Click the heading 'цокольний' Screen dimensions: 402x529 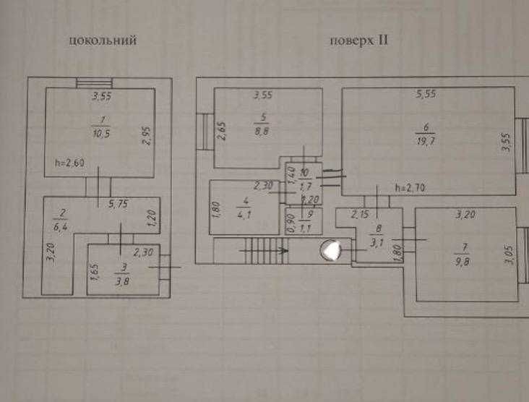103,40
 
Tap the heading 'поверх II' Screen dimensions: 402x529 359,40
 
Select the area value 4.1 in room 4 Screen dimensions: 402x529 244,213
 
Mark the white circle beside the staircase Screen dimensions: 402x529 332,250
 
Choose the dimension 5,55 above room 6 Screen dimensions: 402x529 428,94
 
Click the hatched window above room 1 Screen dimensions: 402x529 90,82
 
